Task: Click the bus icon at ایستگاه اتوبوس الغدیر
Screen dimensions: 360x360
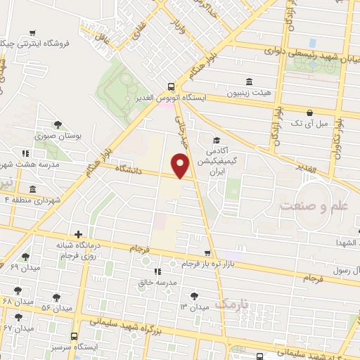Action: tap(171, 87)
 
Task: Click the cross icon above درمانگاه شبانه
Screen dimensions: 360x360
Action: tap(77, 235)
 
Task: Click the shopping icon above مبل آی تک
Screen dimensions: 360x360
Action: tap(309, 112)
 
